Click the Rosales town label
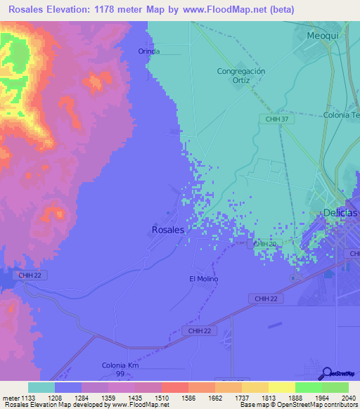[168, 230]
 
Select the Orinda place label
[149, 51]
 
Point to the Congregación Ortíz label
[241, 76]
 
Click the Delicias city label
[339, 213]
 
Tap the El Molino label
[204, 279]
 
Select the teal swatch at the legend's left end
[41, 387]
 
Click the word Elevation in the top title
[68, 9]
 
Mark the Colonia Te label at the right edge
[341, 115]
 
